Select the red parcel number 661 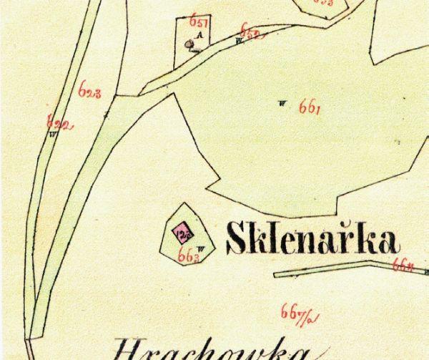coord(310,109)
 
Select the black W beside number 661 coord(284,103)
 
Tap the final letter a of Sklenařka coord(385,243)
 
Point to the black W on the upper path coord(239,40)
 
